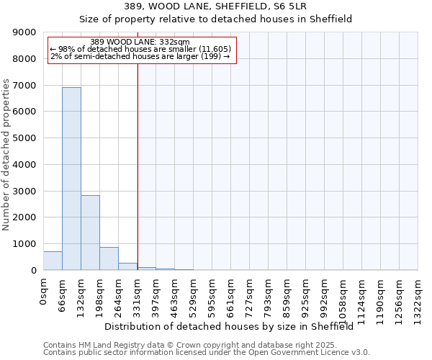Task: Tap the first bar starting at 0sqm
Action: point(53,261)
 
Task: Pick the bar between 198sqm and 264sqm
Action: point(109,258)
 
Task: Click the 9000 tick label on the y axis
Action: point(24,32)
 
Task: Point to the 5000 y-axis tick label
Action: point(24,138)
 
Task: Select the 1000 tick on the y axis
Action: point(24,244)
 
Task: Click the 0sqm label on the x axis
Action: point(44,291)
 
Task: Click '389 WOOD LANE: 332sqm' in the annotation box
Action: point(140,42)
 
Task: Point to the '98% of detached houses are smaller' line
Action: point(140,49)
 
